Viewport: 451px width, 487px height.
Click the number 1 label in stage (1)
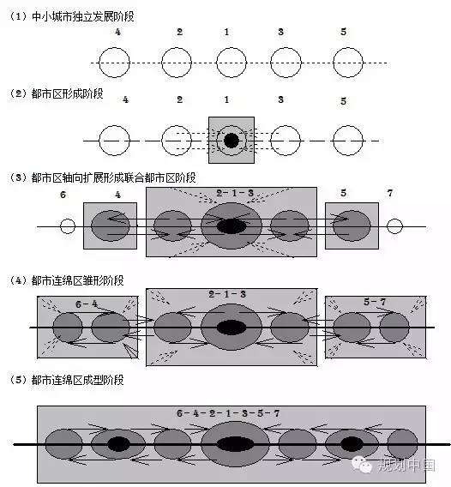[x=226, y=32]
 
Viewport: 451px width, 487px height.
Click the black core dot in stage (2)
[x=232, y=141]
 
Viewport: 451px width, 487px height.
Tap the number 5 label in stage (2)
[x=343, y=101]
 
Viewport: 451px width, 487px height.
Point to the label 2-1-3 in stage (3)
[x=235, y=193]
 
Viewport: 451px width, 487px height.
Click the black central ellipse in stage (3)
[x=232, y=226]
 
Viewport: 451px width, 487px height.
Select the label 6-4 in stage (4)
[x=87, y=304]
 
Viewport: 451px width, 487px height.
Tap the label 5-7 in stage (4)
[x=375, y=302]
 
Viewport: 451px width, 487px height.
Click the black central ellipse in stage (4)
[x=232, y=328]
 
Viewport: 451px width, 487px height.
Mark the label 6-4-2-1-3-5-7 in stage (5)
[x=228, y=413]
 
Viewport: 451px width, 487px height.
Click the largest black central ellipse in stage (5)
[x=235, y=444]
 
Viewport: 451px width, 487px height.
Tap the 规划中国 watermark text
[x=406, y=466]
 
